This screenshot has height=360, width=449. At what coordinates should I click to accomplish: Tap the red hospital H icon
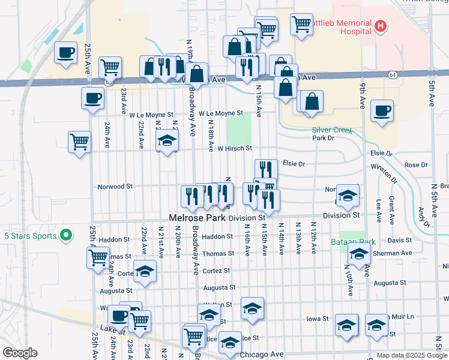(x=380, y=26)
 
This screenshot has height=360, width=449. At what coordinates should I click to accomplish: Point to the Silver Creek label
(x=331, y=130)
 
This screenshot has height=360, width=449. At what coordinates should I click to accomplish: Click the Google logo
(x=19, y=353)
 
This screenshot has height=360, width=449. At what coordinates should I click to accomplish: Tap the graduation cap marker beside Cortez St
(x=145, y=271)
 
